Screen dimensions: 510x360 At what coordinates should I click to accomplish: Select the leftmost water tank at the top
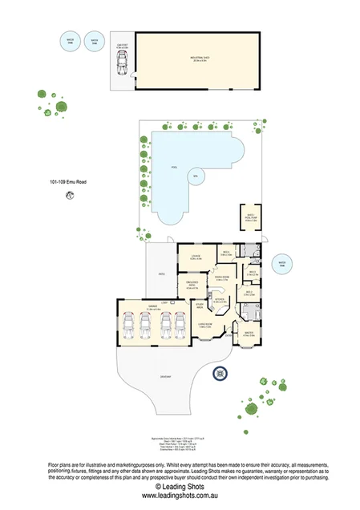point(71,41)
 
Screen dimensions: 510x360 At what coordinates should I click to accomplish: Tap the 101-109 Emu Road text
point(67,183)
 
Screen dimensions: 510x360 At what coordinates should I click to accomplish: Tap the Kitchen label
point(220,301)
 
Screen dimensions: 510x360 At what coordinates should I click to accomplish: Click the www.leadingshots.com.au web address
point(180,497)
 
